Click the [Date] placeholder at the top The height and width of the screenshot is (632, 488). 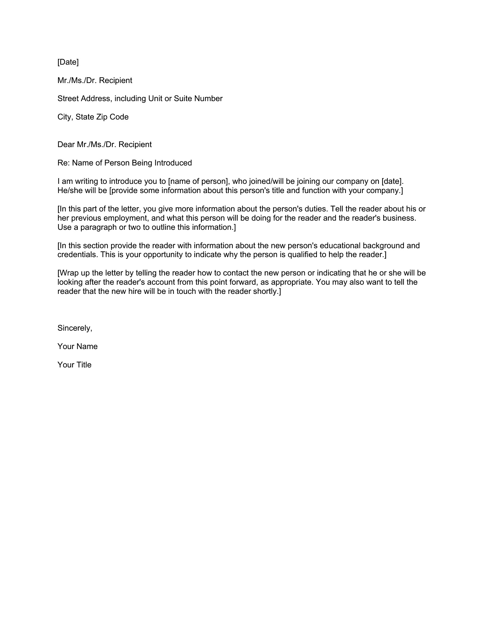tap(68, 62)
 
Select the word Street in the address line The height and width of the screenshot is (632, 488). tap(68, 99)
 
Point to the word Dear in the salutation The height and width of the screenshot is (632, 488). tap(66, 144)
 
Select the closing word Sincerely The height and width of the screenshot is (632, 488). tap(75, 328)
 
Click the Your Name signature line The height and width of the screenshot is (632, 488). tap(78, 346)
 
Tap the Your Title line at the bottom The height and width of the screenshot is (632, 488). tap(74, 365)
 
